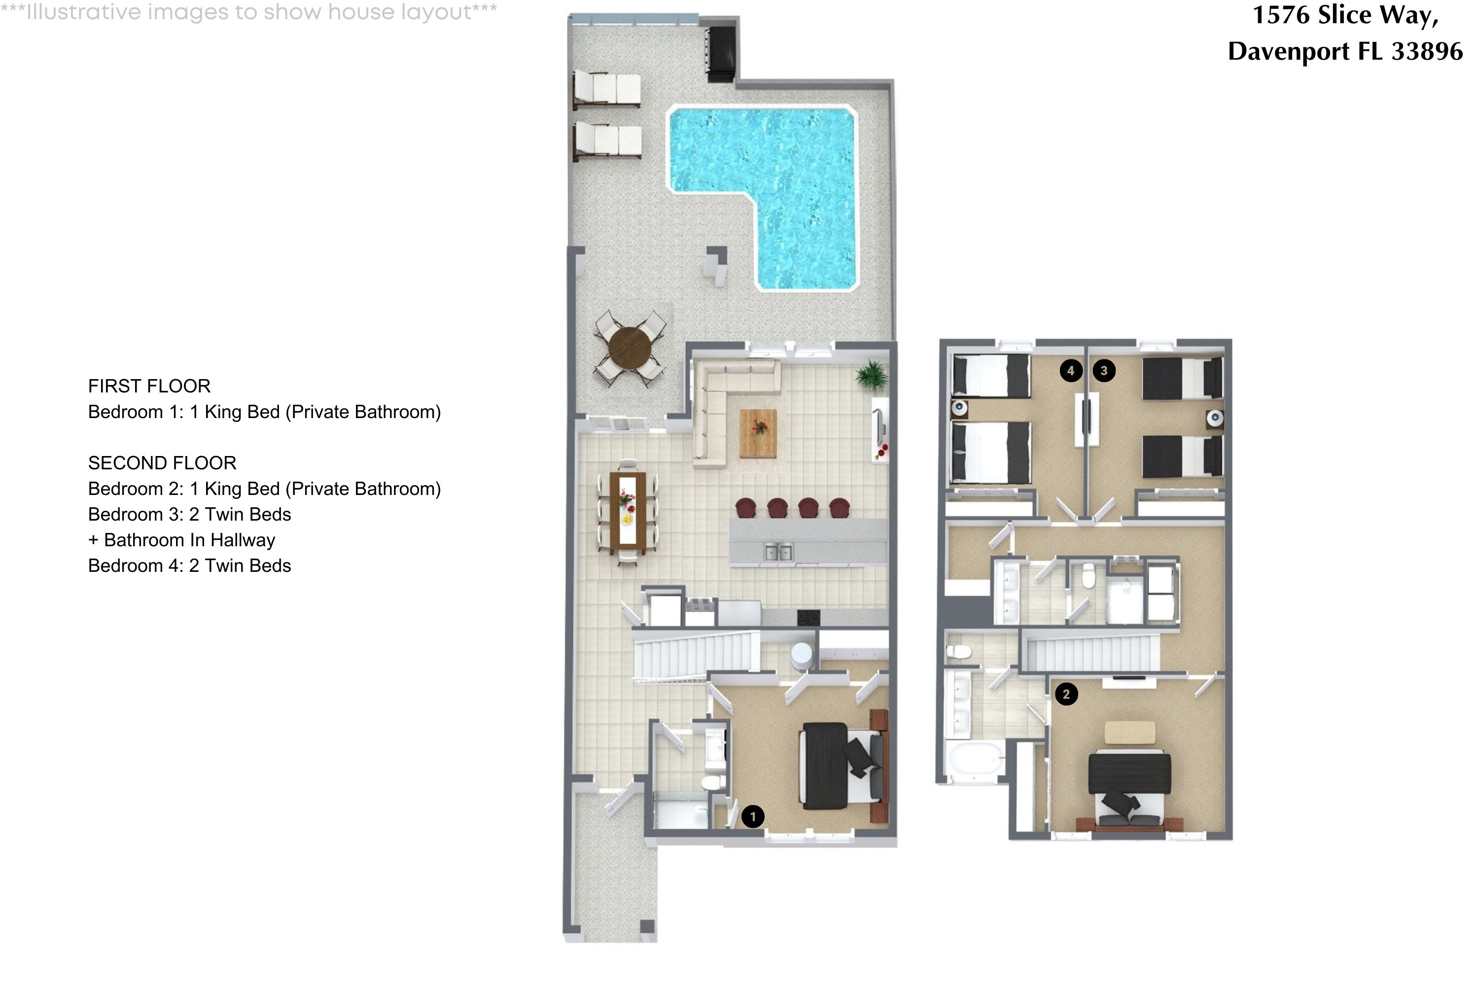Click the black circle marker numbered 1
pyautogui.click(x=753, y=817)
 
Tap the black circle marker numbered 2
pyautogui.click(x=1066, y=694)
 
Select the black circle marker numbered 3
pyautogui.click(x=1104, y=370)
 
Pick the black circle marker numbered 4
pyautogui.click(x=1071, y=370)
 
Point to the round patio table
pyautogui.click(x=630, y=349)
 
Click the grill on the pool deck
pyautogui.click(x=721, y=53)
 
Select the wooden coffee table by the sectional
pyautogui.click(x=758, y=433)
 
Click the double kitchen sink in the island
pyautogui.click(x=778, y=552)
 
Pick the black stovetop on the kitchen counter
pyautogui.click(x=808, y=618)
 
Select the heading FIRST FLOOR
pyautogui.click(x=149, y=386)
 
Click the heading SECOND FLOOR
pyautogui.click(x=162, y=463)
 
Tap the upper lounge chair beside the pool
pyautogui.click(x=607, y=89)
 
